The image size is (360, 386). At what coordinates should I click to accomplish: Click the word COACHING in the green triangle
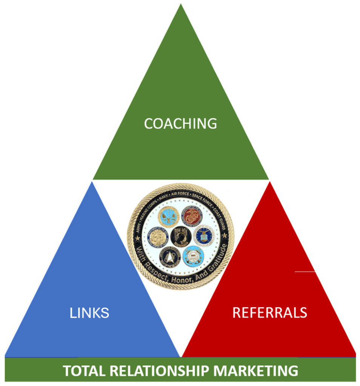coord(180,123)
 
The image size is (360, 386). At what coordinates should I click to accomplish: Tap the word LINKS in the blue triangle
coord(89,312)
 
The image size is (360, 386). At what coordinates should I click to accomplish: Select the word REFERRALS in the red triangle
coord(269,312)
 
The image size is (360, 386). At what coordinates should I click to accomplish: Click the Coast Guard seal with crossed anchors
coord(193,256)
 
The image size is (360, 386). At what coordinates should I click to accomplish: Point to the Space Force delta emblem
coord(168,257)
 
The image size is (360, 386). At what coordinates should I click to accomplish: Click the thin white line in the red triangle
coord(305,271)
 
